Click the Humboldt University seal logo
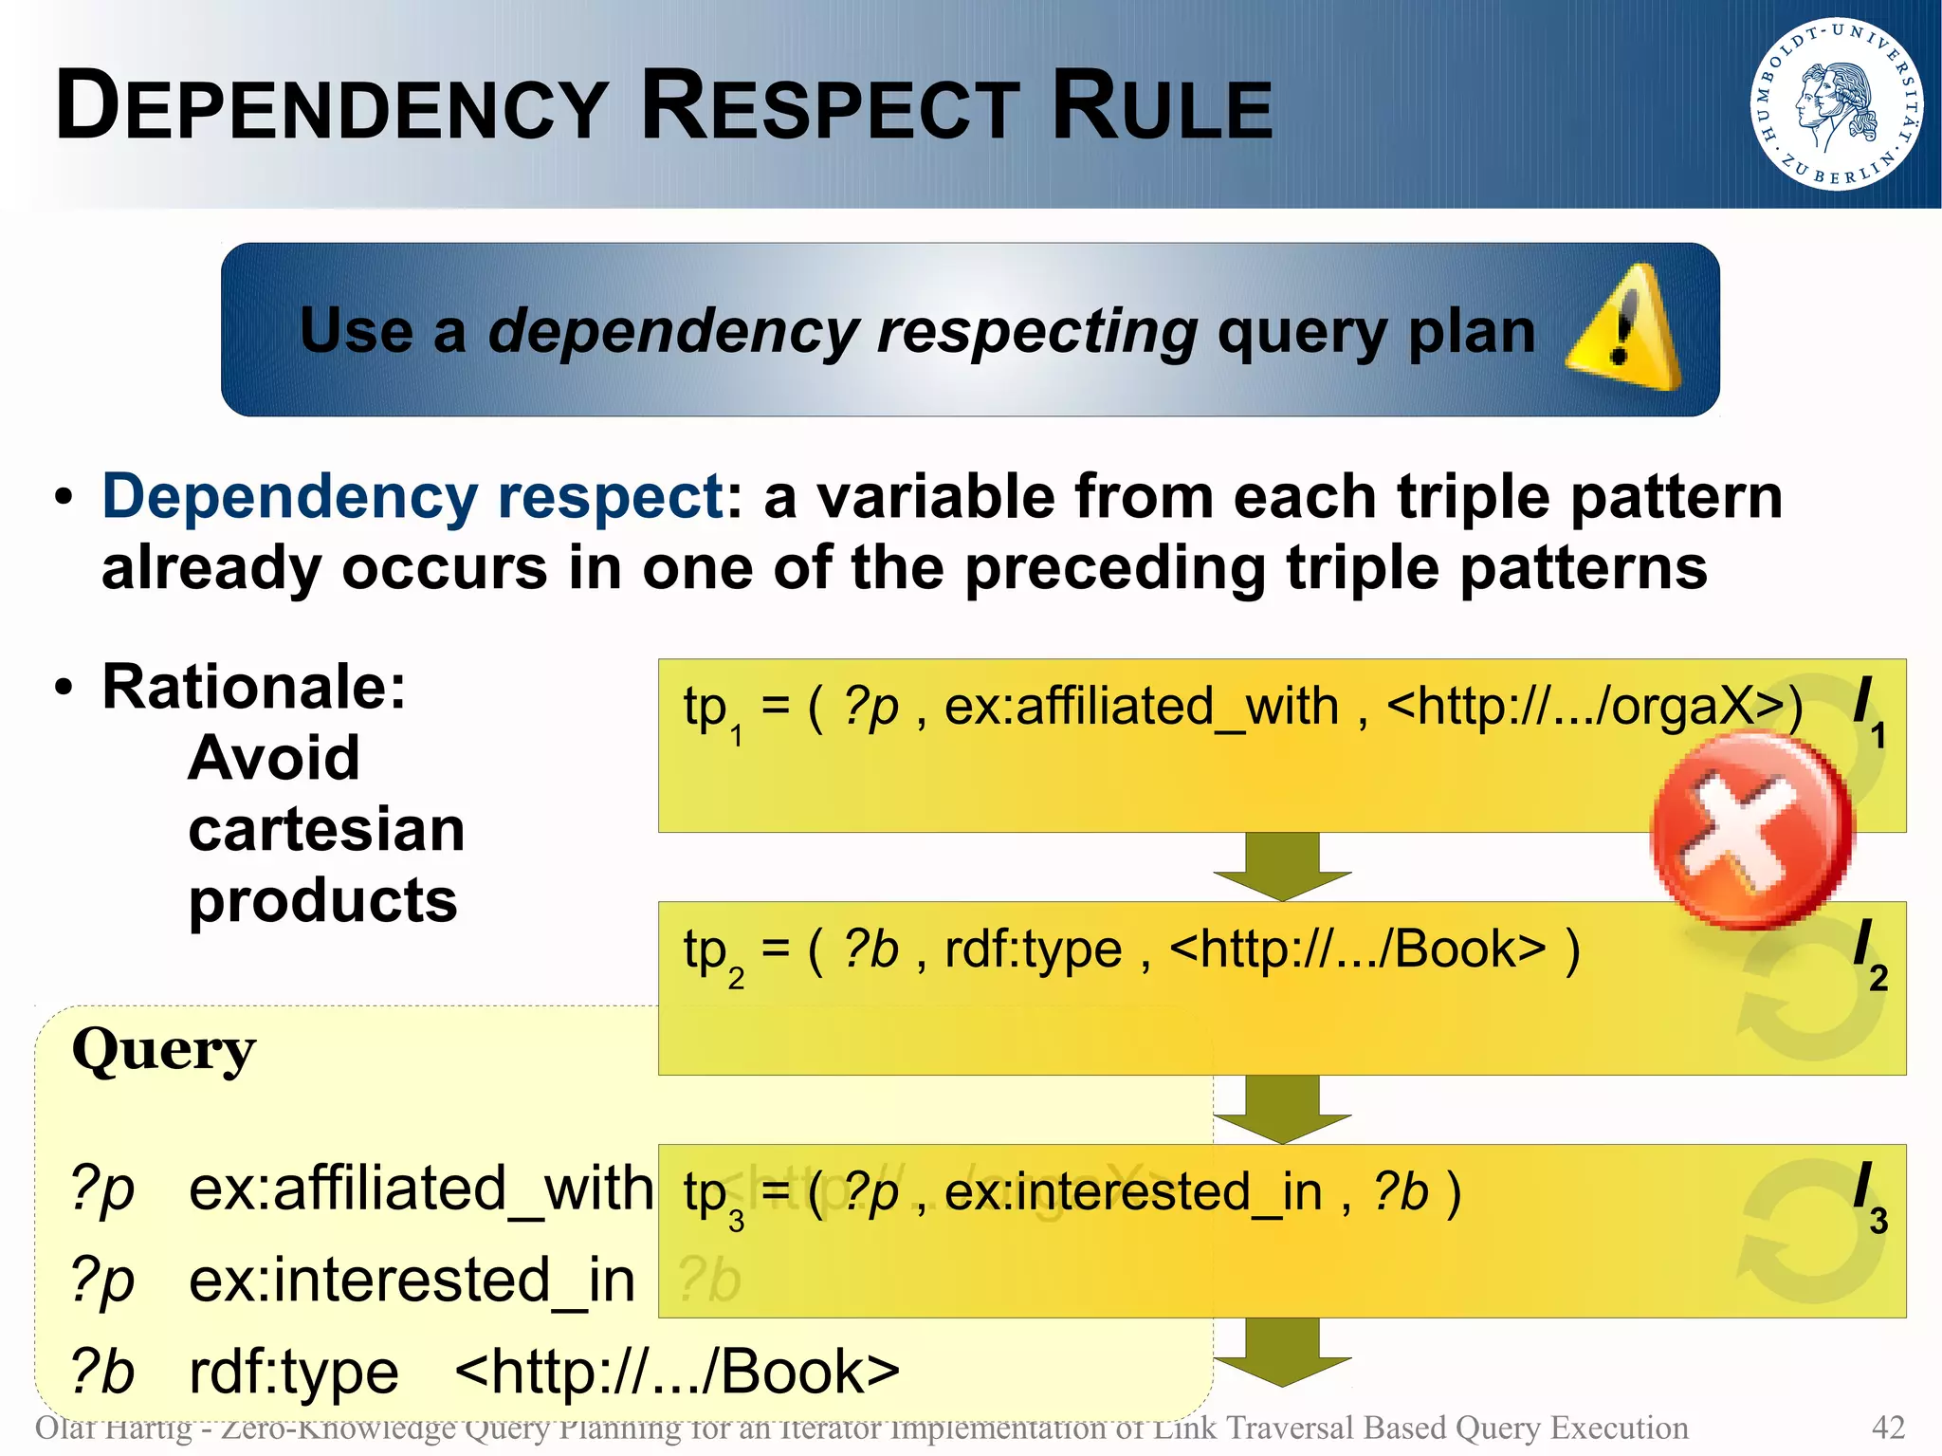(x=1836, y=103)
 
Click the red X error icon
(x=1750, y=831)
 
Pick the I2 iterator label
(x=1869, y=952)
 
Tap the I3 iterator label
(x=1869, y=1195)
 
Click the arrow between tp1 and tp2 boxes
(x=1282, y=866)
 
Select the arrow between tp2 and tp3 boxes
(x=1282, y=1109)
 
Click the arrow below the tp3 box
(x=1282, y=1352)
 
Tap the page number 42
(x=1888, y=1427)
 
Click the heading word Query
(x=164, y=1051)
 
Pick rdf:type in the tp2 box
(x=1033, y=949)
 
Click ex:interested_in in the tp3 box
(x=1132, y=1192)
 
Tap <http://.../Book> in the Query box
(x=677, y=1372)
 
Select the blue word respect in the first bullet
(x=611, y=496)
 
